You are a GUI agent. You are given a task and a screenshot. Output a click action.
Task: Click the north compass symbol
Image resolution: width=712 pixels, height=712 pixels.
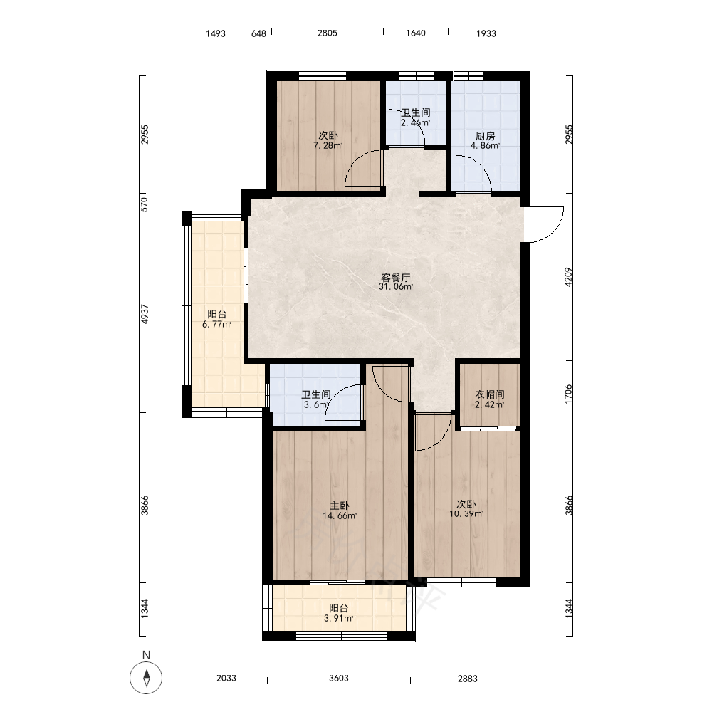[146, 678]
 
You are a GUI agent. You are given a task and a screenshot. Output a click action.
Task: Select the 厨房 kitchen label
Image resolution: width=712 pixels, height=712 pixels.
[486, 136]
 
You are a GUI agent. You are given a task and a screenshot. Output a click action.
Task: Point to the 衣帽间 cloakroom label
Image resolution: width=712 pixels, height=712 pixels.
[490, 394]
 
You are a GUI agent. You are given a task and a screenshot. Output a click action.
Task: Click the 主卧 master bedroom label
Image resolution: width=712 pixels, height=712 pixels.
[339, 506]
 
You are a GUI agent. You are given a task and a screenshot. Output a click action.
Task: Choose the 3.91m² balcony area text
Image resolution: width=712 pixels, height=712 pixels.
[339, 619]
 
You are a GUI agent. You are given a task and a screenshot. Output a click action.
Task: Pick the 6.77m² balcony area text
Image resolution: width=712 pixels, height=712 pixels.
[217, 324]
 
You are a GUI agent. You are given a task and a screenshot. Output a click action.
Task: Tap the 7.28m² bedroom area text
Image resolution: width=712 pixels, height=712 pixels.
[328, 146]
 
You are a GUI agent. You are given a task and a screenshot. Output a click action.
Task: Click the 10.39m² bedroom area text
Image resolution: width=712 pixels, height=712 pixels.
[466, 514]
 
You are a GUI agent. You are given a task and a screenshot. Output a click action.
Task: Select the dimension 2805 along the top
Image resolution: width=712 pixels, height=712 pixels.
[328, 33]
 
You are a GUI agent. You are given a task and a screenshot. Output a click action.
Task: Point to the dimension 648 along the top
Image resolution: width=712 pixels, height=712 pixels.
[259, 33]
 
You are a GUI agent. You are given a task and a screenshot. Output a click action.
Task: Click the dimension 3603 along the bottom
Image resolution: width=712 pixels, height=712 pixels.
[339, 679]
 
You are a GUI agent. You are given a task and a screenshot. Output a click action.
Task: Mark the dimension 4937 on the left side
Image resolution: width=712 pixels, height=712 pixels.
[145, 314]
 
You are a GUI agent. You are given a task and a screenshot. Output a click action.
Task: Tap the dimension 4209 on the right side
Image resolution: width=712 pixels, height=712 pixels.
[568, 277]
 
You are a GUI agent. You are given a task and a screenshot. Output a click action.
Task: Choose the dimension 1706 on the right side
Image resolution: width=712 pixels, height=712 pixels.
[568, 394]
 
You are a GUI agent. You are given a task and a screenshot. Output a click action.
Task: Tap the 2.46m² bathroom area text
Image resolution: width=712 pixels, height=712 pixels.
[416, 122]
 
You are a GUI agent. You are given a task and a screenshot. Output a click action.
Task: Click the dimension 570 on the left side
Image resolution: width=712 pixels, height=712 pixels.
[145, 204]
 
